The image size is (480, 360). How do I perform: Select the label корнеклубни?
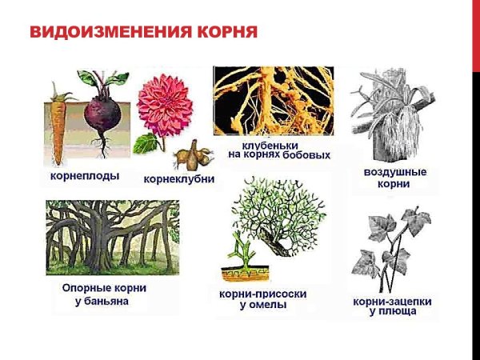[x=178, y=178]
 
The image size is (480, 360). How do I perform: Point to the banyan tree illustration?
[x=112, y=236]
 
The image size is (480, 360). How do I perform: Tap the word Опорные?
[x=84, y=288]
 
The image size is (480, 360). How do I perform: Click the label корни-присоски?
[x=262, y=294]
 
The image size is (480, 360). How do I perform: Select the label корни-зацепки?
[x=393, y=301]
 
